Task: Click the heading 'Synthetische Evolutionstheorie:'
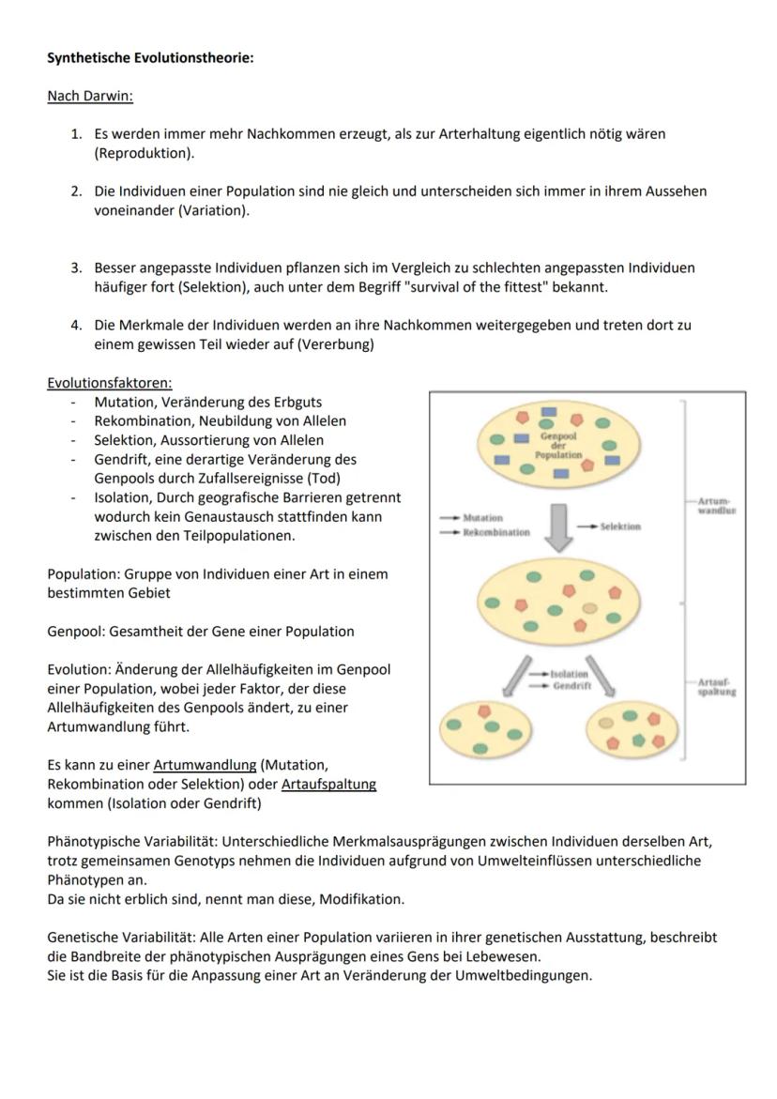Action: coord(150,58)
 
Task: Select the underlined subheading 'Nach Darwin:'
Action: coord(90,96)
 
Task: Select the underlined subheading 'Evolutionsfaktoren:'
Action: coord(110,383)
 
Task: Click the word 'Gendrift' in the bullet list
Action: coord(121,460)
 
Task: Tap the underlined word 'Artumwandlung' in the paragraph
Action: coord(205,765)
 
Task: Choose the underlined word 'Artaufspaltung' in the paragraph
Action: coord(328,784)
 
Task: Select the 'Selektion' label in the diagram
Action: coord(620,527)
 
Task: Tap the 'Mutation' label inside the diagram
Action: coord(483,517)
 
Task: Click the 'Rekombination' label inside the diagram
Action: coord(496,532)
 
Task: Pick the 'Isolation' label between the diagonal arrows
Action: coord(570,674)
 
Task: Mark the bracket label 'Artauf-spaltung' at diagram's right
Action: coord(717,687)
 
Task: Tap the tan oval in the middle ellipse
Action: coord(588,608)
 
